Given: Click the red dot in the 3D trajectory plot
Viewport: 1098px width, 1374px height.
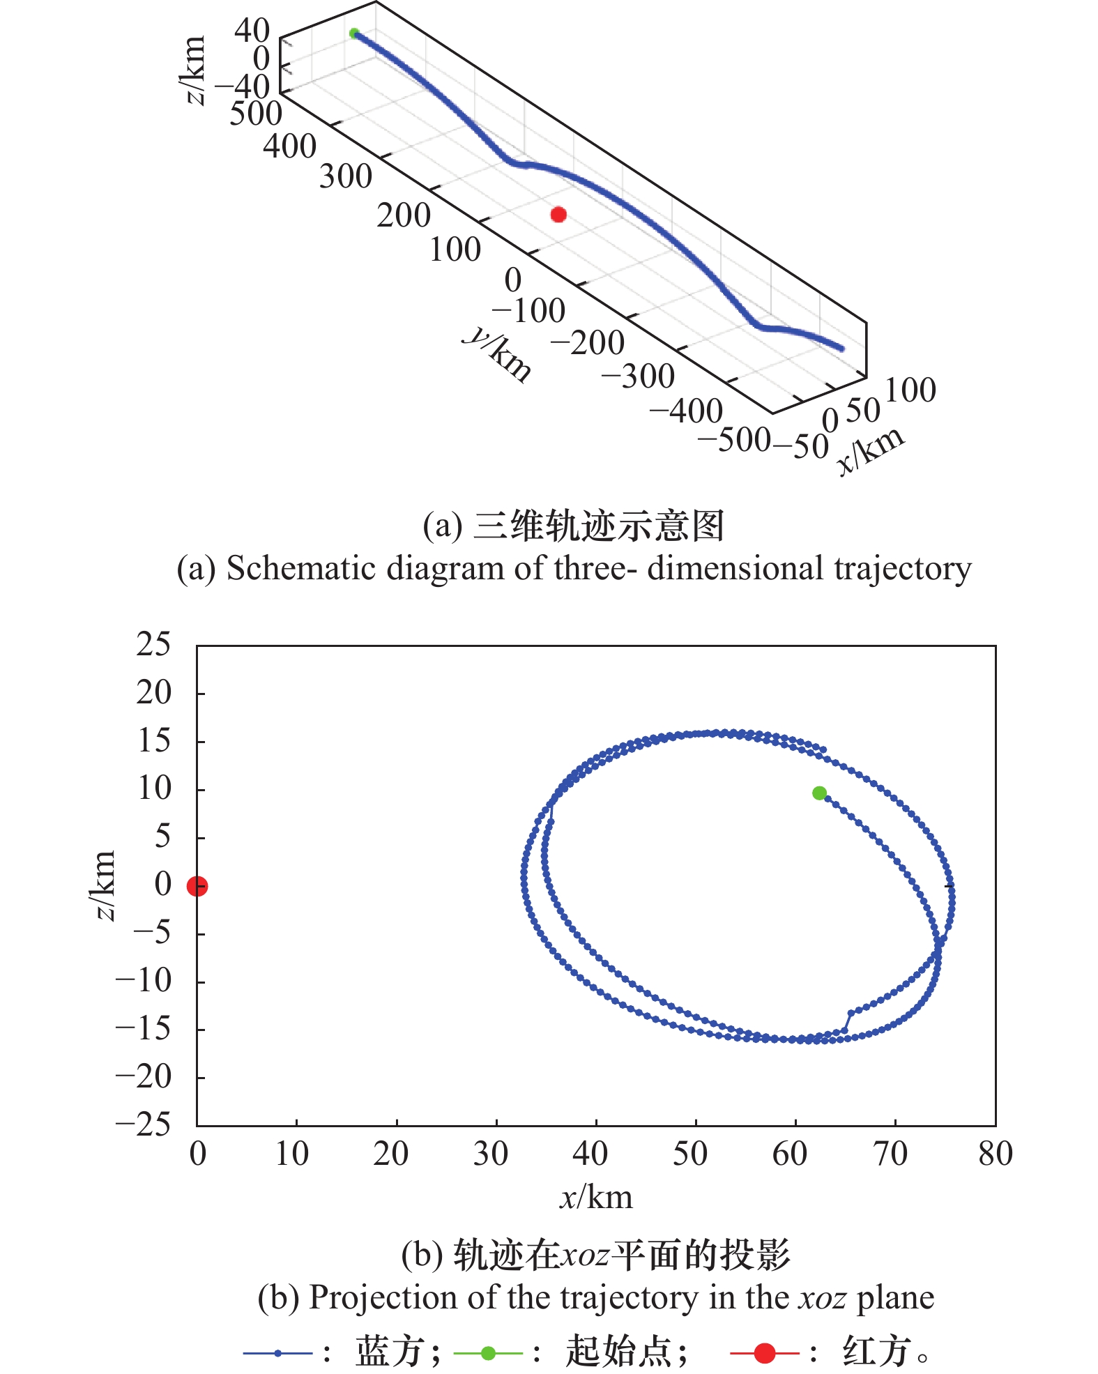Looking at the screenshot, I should [558, 214].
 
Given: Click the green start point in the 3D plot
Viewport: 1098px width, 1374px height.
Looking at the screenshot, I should [354, 33].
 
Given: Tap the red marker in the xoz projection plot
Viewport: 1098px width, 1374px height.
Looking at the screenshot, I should [197, 886].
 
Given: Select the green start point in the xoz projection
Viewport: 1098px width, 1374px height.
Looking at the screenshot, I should [819, 793].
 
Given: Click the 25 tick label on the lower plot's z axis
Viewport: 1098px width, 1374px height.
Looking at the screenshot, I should [154, 645].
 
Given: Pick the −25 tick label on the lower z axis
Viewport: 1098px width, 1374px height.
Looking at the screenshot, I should [144, 1124].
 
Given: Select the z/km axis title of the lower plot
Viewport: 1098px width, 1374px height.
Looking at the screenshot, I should [105, 885].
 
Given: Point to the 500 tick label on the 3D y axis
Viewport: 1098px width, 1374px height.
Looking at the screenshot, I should [256, 114].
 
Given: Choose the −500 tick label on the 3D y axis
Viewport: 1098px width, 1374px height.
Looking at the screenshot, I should [734, 440].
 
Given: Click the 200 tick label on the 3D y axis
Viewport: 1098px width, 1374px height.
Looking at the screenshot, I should [404, 215].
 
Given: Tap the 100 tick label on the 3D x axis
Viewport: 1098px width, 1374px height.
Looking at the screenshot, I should [910, 390].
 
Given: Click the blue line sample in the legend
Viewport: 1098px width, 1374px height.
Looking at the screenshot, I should [277, 1353].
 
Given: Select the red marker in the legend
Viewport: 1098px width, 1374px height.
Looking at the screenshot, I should [765, 1353].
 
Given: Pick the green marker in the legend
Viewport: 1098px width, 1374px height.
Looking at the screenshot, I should [488, 1353].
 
